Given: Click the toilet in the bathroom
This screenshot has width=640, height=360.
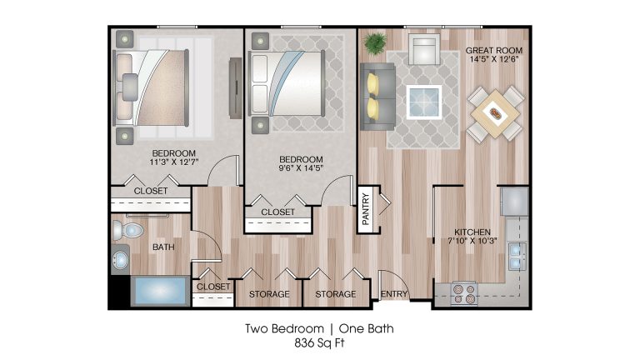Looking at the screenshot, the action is tap(127, 231).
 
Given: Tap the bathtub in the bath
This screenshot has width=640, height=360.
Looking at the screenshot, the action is tap(160, 291).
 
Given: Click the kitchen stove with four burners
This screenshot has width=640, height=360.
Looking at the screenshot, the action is tap(464, 294).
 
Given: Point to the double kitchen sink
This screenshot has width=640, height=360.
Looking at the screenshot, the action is tap(517, 256).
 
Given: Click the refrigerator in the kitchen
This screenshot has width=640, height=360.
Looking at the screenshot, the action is tap(515, 201).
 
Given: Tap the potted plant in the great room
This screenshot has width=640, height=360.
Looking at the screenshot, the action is tap(375, 43).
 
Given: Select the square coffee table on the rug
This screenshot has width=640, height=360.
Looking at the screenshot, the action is tap(424, 102).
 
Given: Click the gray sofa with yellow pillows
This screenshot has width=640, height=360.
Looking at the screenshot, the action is tap(377, 97).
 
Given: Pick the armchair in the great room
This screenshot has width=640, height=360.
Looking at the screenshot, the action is tap(424, 49).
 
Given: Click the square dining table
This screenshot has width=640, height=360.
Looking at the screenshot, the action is tap(495, 114).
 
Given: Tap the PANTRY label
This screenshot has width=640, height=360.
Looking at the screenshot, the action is tap(365, 209).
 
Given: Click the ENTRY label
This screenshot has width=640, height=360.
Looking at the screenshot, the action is tap(394, 294).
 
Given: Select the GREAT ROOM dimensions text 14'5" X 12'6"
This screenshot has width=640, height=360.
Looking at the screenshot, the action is tap(494, 59).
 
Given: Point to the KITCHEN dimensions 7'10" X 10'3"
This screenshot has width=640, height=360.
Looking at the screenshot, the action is tap(472, 241).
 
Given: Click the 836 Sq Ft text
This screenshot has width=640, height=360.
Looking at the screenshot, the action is tap(320, 342).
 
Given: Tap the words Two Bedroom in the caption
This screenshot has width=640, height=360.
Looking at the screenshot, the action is tap(284, 328).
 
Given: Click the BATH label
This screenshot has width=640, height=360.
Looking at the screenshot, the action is tap(163, 247).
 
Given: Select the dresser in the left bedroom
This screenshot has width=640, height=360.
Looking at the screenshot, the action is tap(236, 88).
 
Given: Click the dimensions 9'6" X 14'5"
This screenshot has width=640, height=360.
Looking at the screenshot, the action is tap(301, 168).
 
